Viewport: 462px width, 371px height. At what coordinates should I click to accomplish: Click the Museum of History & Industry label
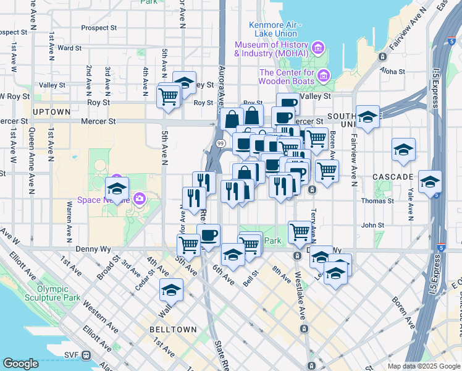pos(271,49)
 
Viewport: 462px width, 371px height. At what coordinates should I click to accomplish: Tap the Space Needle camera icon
pos(140,198)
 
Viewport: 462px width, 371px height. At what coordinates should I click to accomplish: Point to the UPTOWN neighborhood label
pos(51,112)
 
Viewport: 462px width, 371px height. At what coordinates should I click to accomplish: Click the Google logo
pos(21,364)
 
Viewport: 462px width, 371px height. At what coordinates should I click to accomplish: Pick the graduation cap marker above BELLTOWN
pos(172,289)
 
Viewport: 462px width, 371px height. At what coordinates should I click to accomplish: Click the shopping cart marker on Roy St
pos(169,96)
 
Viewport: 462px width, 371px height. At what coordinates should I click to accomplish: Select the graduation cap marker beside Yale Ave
pos(430,181)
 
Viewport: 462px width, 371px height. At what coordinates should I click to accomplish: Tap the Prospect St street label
pos(99,28)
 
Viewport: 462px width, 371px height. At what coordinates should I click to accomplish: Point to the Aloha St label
pos(393,72)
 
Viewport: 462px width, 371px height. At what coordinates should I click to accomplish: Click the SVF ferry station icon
pos(86,356)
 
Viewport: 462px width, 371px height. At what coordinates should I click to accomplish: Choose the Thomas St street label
pos(373,200)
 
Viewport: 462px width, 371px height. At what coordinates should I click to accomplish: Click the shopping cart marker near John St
pos(300,232)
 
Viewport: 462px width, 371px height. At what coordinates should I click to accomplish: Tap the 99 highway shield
pos(220,143)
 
